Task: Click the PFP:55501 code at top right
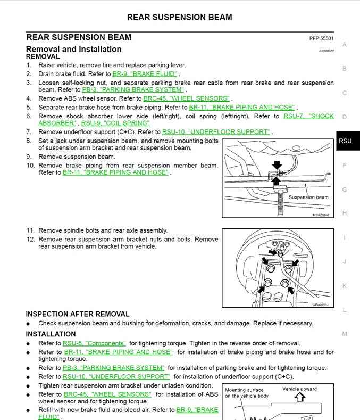321,39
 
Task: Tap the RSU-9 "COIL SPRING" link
115,123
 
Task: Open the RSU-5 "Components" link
94,343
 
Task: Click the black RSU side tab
345,141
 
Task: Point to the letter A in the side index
345,45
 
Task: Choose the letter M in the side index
345,334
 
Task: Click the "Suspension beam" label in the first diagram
308,197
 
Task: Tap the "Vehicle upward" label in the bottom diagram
299,389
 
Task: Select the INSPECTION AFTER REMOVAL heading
78,314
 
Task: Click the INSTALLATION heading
51,334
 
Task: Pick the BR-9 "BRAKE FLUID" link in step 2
145,74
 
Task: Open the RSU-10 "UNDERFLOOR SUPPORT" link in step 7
216,131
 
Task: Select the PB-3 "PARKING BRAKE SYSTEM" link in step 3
133,90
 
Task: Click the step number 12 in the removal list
30,239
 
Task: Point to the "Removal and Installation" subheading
73,49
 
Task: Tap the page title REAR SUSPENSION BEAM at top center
180,17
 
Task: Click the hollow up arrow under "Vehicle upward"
299,397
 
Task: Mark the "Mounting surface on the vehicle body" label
247,393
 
